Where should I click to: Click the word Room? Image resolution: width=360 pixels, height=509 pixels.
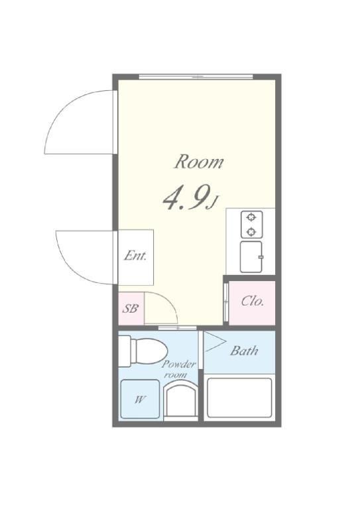point(199,162)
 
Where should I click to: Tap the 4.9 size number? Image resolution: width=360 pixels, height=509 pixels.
point(185,198)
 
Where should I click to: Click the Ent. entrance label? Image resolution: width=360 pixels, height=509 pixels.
point(135,256)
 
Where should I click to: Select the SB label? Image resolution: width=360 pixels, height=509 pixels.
point(130,308)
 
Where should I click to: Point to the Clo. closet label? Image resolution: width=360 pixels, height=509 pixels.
point(252,302)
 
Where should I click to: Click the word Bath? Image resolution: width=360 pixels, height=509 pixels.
point(244,351)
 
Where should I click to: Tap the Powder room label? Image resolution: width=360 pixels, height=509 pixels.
point(178,369)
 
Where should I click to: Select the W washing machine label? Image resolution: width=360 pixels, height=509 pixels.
point(139,400)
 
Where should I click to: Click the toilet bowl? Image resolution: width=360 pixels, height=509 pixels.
point(150,351)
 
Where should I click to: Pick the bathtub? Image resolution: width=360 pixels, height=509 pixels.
point(239,398)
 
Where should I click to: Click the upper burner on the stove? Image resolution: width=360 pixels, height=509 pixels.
point(251,217)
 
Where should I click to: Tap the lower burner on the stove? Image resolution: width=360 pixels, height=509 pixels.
point(251,232)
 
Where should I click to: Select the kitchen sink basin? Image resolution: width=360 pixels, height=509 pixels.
point(251,256)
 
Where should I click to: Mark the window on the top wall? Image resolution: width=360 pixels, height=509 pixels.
point(196,77)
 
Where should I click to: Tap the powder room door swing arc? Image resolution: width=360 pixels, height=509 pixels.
point(169,300)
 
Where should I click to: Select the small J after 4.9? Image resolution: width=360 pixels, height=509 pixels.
point(213,203)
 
